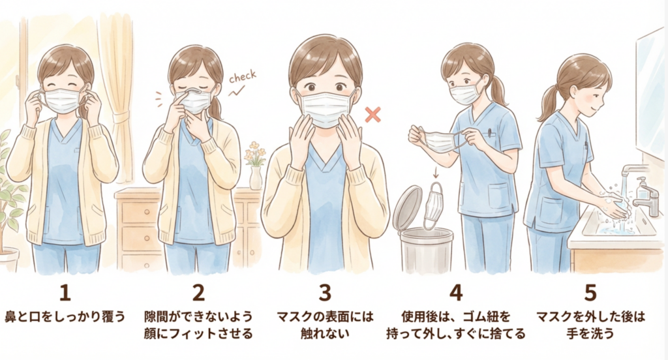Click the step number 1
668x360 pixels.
click(65, 293)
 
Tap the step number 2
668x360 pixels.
click(198, 293)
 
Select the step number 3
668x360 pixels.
click(325, 293)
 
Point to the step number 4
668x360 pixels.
click(456, 293)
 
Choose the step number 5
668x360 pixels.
click(590, 293)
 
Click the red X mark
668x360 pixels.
click(372, 115)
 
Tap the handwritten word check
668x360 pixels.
click(243, 77)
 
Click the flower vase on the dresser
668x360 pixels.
click(256, 177)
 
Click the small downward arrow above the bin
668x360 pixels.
click(435, 173)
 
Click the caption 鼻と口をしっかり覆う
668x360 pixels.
click(65, 317)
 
